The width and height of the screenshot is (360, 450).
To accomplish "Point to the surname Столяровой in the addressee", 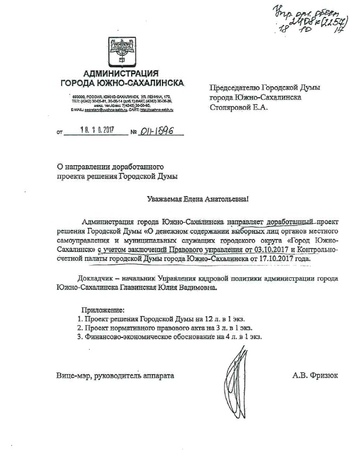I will (x=234, y=106).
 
